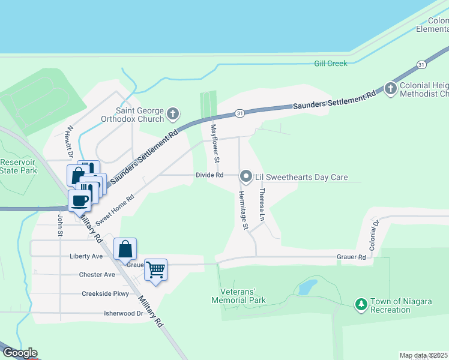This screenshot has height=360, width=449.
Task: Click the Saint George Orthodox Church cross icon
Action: [x=173, y=113]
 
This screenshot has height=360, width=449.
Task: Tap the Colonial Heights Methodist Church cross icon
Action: [x=391, y=89]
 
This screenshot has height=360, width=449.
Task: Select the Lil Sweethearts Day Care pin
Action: [x=246, y=176]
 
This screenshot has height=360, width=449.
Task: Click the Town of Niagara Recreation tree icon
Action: [x=361, y=305]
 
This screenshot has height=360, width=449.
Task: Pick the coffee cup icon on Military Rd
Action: [x=79, y=200]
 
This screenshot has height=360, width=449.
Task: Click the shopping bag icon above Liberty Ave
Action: [x=125, y=248]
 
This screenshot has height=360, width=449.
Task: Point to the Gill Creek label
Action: [x=331, y=63]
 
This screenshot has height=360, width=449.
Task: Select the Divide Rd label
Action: [x=209, y=175]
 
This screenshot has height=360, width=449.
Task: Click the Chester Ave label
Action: [x=97, y=275]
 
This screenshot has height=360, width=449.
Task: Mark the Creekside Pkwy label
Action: [x=106, y=294]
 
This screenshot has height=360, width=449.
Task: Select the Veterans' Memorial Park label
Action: [x=238, y=296]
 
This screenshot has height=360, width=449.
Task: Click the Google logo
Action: [x=19, y=353]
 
